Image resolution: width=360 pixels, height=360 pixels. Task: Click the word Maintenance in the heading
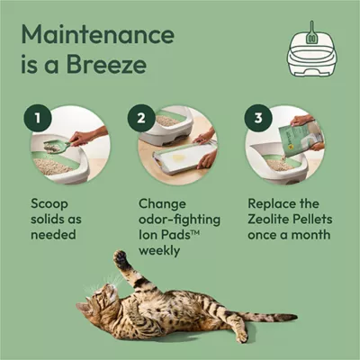pyautogui.click(x=98, y=37)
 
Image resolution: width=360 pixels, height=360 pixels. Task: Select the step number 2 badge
pyautogui.click(x=140, y=119)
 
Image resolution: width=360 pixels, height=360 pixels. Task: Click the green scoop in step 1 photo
pyautogui.click(x=56, y=145)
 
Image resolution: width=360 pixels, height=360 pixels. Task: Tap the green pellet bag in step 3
pyautogui.click(x=296, y=136)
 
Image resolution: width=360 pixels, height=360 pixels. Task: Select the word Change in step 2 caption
pyautogui.click(x=165, y=205)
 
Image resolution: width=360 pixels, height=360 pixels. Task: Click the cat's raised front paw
pyautogui.click(x=120, y=259)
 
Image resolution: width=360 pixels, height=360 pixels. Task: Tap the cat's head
pyautogui.click(x=97, y=304)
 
